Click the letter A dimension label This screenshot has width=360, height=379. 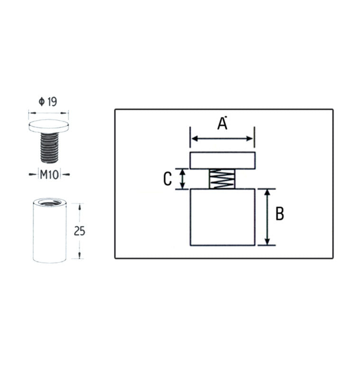(x=222, y=124)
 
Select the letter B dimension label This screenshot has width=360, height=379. (x=280, y=214)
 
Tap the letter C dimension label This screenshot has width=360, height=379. (x=167, y=179)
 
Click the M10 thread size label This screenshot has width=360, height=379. (x=49, y=174)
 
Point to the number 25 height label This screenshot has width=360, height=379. (x=79, y=231)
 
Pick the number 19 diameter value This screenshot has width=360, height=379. (x=52, y=101)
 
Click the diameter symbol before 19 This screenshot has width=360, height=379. (x=42, y=102)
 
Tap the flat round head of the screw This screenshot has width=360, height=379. (x=49, y=126)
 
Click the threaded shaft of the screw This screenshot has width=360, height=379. (x=49, y=147)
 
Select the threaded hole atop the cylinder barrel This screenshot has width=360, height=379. (x=50, y=202)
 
